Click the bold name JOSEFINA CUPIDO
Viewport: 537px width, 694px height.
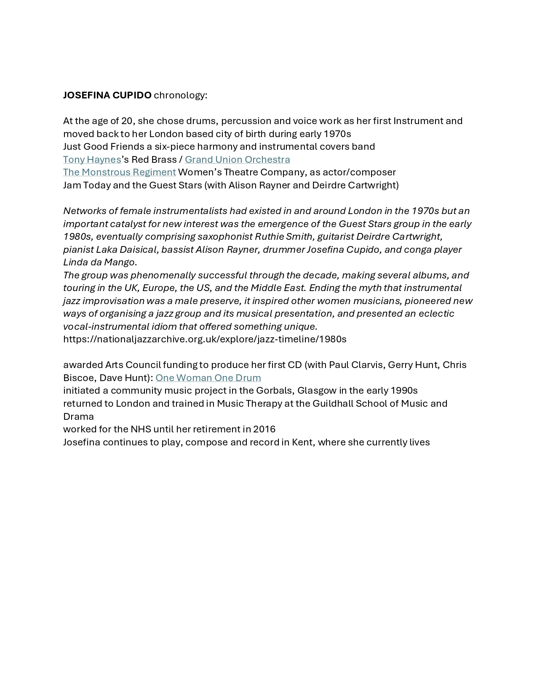click(107, 95)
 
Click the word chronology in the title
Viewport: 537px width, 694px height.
click(180, 95)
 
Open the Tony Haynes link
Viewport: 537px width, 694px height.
click(92, 159)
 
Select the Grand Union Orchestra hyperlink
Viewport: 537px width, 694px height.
click(237, 159)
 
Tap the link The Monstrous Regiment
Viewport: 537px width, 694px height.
click(119, 172)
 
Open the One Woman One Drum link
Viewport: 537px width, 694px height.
click(208, 378)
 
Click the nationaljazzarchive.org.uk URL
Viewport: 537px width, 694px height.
click(205, 339)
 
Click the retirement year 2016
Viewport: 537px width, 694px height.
click(264, 429)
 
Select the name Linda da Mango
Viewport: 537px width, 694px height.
click(99, 262)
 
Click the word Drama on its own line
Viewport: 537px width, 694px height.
click(78, 416)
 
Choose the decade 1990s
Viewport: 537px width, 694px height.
click(404, 390)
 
